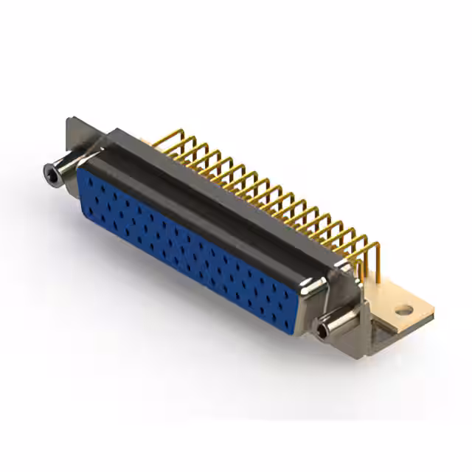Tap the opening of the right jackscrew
(322, 333)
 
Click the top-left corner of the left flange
(68, 119)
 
